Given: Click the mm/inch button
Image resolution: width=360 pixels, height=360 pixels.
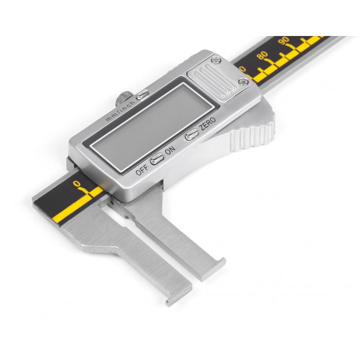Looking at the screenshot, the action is pyautogui.click(x=142, y=95).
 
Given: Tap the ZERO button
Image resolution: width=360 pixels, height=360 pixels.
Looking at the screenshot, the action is pyautogui.click(x=192, y=134).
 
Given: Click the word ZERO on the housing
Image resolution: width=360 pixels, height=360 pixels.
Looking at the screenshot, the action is pyautogui.click(x=207, y=123).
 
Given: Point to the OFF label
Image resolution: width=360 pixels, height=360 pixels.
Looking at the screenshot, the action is pyautogui.click(x=142, y=169).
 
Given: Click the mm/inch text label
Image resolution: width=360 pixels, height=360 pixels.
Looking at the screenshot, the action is pyautogui.click(x=120, y=111).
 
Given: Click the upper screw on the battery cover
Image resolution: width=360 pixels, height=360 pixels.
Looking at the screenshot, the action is pyautogui.click(x=216, y=60).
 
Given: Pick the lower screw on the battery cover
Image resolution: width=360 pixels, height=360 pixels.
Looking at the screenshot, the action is pyautogui.click(x=243, y=81).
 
